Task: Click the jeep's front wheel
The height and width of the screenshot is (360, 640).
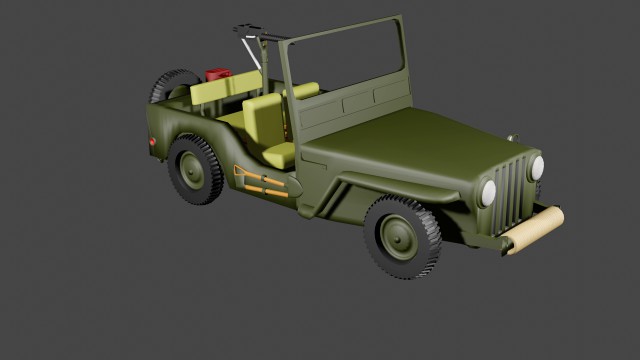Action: [401, 236]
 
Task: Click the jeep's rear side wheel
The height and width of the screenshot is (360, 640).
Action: [195, 170]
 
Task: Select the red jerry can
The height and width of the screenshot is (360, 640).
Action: [218, 73]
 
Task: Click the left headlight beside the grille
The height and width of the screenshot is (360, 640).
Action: [489, 192]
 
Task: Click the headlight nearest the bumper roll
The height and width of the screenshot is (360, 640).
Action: [536, 167]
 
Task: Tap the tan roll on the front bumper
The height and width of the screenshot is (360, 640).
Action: [532, 230]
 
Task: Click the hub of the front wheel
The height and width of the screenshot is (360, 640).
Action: [397, 237]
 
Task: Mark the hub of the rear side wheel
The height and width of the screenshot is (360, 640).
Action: [192, 170]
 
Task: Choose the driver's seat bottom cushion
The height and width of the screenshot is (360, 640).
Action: [279, 154]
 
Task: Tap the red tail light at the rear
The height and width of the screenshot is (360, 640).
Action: [153, 143]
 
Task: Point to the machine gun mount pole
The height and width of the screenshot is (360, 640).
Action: [247, 55]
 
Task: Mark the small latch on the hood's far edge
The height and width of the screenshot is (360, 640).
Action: [512, 137]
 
